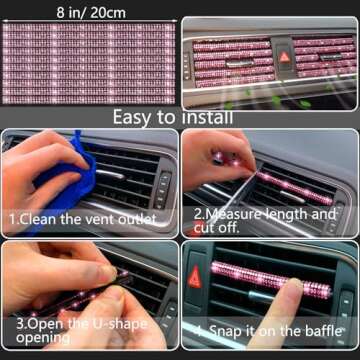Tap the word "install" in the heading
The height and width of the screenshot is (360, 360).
tap(206, 117)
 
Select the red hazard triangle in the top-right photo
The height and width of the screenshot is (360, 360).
tap(286, 57)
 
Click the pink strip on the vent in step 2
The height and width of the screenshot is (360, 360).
tap(290, 182)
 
